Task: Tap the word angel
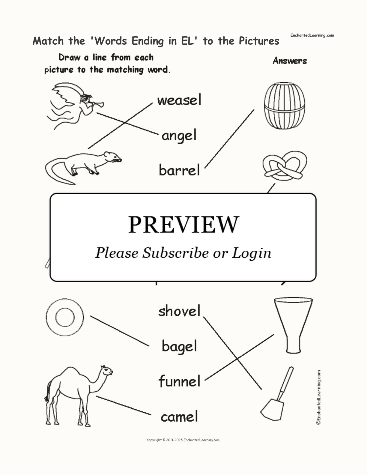click(179, 136)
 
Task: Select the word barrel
click(179, 170)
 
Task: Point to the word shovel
click(179, 310)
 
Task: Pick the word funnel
click(179, 381)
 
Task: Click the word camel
click(179, 417)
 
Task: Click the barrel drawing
click(284, 106)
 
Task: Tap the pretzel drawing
click(285, 166)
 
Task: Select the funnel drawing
click(293, 325)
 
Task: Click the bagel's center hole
click(65, 317)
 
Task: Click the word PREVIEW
click(183, 225)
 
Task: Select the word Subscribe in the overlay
click(175, 253)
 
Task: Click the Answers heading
click(290, 61)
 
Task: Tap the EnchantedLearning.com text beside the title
click(312, 35)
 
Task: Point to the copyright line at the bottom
click(183, 440)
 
